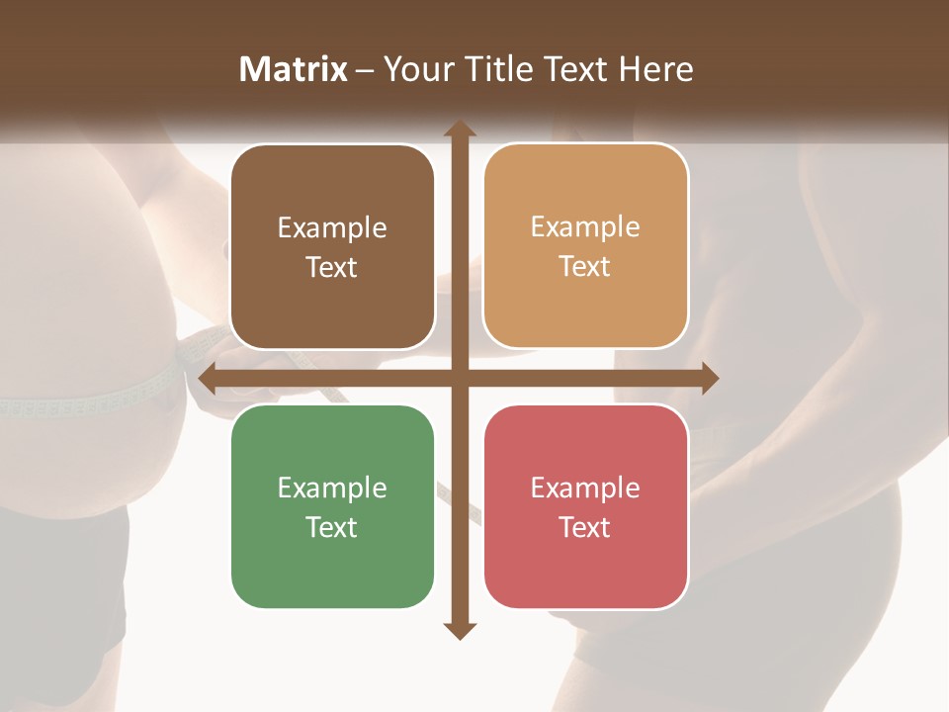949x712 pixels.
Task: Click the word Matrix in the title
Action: (x=293, y=69)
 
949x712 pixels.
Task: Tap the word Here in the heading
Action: (x=655, y=69)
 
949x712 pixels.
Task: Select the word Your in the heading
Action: (x=415, y=69)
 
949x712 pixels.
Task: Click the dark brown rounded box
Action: (x=332, y=246)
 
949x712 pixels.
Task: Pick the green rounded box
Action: (x=332, y=506)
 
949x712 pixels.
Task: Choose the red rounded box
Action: (x=585, y=506)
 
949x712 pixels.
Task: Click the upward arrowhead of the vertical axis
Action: (x=460, y=129)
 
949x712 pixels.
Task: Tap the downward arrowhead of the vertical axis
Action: (x=460, y=630)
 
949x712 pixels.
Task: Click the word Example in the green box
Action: (x=332, y=488)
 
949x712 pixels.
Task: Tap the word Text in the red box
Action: (x=585, y=527)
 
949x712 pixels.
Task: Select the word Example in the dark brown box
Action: (x=332, y=227)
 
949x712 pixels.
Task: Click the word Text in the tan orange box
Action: (x=585, y=266)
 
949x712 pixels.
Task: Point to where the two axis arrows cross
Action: (x=460, y=378)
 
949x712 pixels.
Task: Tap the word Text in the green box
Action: (x=332, y=527)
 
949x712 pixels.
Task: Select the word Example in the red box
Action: (x=585, y=488)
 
